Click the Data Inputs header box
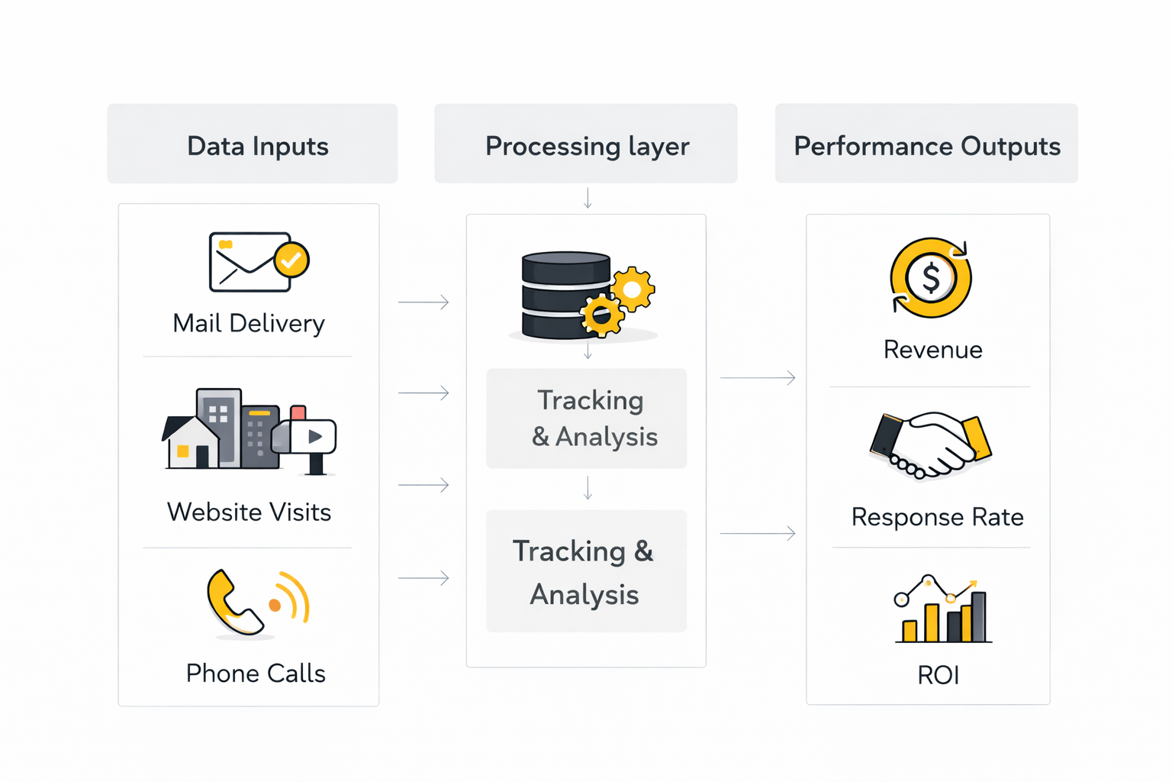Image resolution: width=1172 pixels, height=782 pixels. click(x=252, y=144)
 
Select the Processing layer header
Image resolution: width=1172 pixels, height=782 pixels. click(x=586, y=144)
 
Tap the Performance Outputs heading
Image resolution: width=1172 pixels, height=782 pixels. click(x=926, y=144)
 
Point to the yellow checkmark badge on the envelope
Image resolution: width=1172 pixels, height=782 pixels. click(x=291, y=260)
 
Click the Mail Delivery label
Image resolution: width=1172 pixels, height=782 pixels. click(x=249, y=323)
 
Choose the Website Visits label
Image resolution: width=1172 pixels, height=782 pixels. click(x=249, y=512)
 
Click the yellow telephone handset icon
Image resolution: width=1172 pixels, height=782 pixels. click(x=232, y=603)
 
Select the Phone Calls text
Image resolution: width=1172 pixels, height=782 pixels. click(x=256, y=673)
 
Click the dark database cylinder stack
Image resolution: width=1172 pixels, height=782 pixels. click(x=565, y=295)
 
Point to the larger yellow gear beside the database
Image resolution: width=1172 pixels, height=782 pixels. click(x=632, y=289)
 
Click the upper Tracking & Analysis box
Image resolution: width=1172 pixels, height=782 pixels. click(x=586, y=418)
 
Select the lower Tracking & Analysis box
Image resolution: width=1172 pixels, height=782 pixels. click(x=586, y=571)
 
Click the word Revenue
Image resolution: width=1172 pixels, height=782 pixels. click(x=932, y=350)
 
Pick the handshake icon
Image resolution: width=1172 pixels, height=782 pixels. click(x=930, y=446)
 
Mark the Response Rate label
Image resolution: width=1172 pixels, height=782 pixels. click(x=937, y=517)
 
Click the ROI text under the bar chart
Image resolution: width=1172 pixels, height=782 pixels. click(x=938, y=675)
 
